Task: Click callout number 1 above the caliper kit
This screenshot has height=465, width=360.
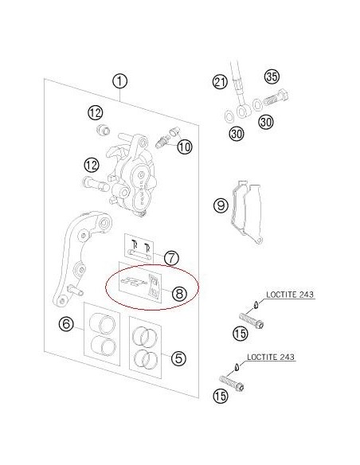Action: [x=119, y=81]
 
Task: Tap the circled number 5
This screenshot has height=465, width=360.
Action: [x=178, y=358]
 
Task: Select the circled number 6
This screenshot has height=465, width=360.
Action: [x=66, y=323]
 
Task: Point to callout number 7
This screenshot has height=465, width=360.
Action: [x=171, y=258]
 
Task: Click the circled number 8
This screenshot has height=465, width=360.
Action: [x=179, y=294]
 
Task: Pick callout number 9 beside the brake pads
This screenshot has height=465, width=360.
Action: [x=221, y=205]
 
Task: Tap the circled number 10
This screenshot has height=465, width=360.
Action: [x=185, y=147]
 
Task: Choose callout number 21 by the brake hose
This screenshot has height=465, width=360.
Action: [x=220, y=82]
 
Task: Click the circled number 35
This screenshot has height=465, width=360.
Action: [x=272, y=76]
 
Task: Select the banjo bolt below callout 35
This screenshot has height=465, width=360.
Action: [x=276, y=99]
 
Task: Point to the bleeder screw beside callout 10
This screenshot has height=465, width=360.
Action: [x=162, y=142]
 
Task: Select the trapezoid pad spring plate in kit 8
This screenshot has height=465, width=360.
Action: [x=154, y=285]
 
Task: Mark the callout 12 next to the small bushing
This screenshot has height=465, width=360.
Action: [x=96, y=113]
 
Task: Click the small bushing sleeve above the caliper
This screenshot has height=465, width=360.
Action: [x=104, y=130]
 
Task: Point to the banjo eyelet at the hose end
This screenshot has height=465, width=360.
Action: [x=244, y=111]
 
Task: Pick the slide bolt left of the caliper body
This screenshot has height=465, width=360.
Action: [x=96, y=183]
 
